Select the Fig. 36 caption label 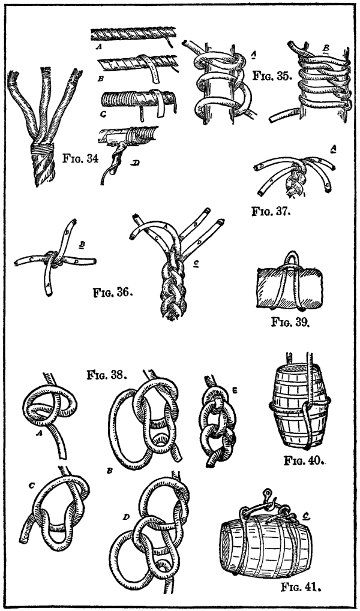point(112,293)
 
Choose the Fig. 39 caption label point(289,322)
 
